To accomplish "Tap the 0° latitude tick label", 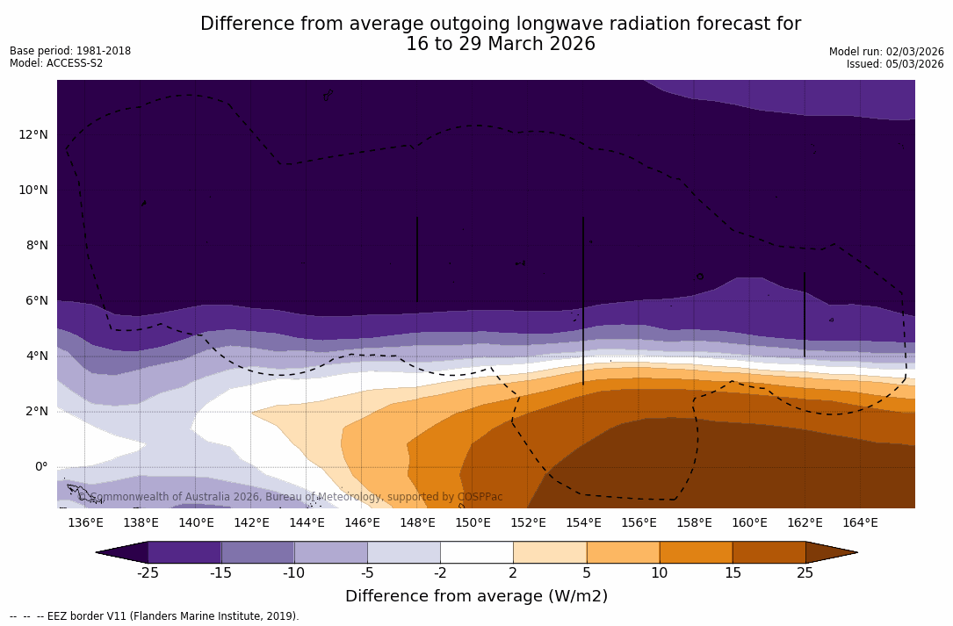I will tap(40, 466).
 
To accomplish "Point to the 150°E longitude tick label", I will tap(473, 522).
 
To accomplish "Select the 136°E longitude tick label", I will tap(85, 522).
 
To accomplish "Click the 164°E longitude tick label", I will tap(860, 522).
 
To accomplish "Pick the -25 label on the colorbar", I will tap(148, 573).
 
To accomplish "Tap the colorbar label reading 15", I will tap(733, 573).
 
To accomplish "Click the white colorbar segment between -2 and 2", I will tap(476, 552).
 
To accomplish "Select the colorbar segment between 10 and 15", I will tap(696, 552).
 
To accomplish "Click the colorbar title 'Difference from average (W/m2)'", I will tap(476, 596).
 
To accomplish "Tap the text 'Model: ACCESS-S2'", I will tap(56, 63).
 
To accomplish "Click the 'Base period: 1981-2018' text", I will tap(70, 51).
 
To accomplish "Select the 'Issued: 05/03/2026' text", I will tap(895, 64).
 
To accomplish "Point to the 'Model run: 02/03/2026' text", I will tap(886, 52).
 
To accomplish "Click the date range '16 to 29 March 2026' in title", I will tap(501, 44).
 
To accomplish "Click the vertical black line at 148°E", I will tap(416, 259).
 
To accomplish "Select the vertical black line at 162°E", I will tap(804, 313).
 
